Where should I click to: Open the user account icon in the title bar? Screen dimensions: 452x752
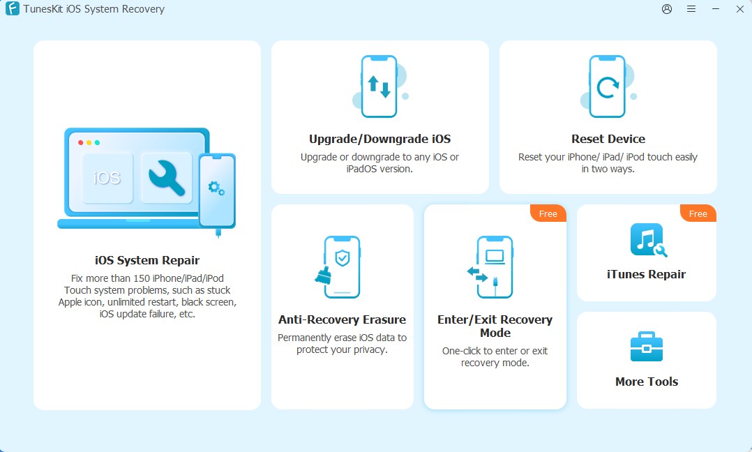tap(667, 9)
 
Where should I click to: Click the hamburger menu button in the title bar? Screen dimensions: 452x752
tap(691, 9)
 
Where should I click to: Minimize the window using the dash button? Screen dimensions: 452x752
tap(716, 9)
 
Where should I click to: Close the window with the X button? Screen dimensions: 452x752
tap(740, 9)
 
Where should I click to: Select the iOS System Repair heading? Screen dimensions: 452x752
tap(147, 260)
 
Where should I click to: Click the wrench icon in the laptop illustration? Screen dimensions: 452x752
tap(166, 177)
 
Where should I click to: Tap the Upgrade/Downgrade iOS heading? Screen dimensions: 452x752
tap(379, 139)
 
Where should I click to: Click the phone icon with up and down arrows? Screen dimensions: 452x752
tap(379, 86)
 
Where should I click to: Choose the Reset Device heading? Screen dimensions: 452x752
tap(608, 139)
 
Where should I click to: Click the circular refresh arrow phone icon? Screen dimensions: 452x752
tap(608, 87)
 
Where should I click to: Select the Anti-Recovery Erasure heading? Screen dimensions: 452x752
tap(342, 319)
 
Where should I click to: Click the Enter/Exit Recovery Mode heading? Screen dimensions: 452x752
tap(495, 326)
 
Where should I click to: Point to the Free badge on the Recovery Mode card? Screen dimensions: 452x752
tap(548, 213)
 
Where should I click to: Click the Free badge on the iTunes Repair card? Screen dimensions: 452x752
tap(698, 213)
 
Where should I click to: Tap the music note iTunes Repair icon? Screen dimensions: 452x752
tap(645, 239)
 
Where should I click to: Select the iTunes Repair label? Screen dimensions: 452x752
tap(646, 274)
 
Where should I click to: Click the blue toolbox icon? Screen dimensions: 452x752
tap(646, 347)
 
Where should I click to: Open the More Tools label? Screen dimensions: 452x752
tap(646, 382)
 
